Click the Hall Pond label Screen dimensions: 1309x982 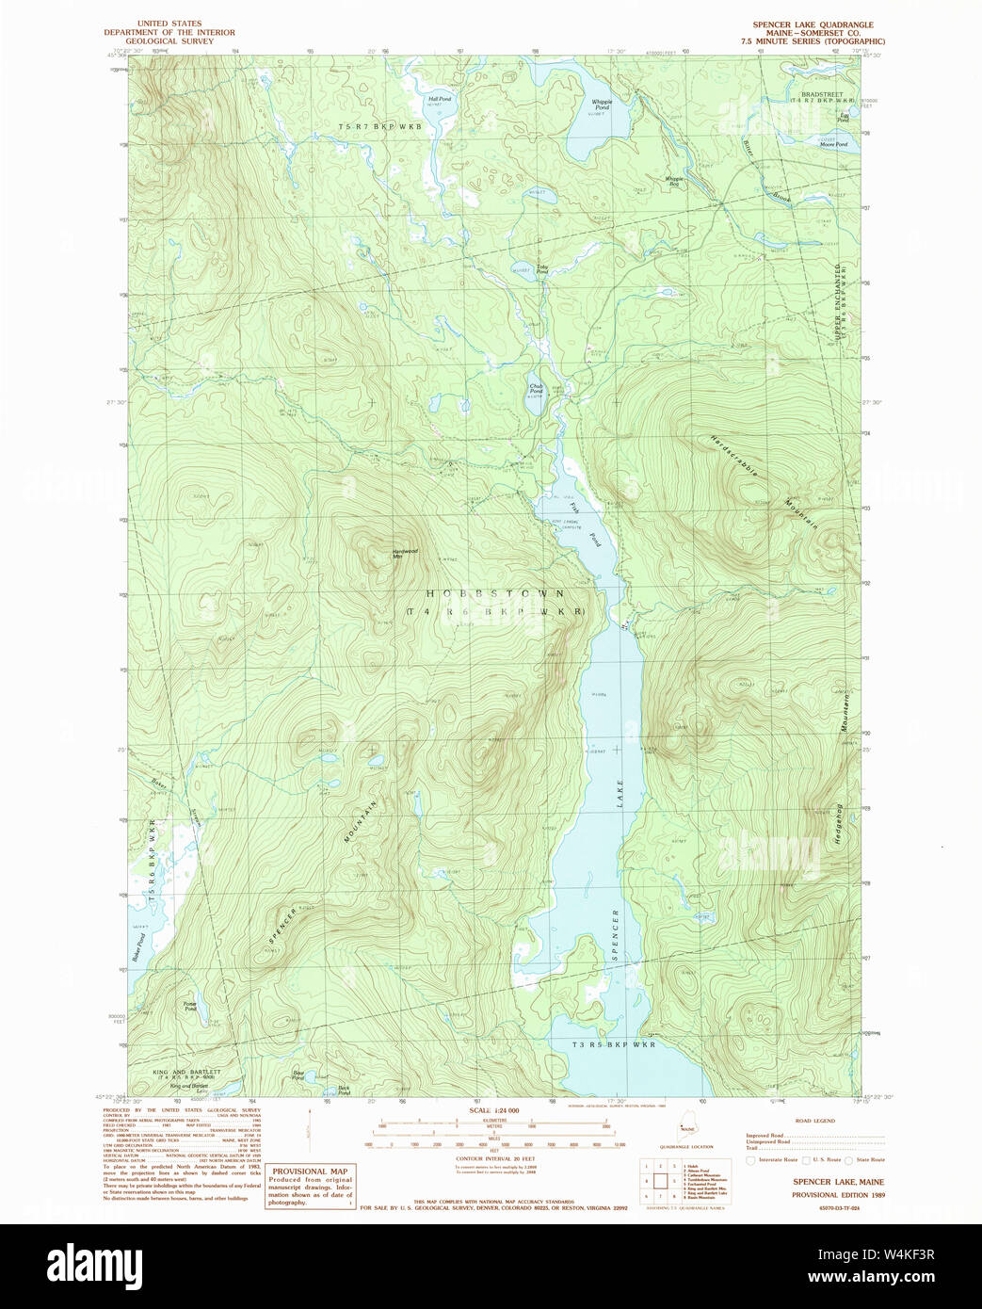(440, 98)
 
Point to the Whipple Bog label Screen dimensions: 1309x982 (674, 180)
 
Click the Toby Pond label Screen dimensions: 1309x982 (542, 268)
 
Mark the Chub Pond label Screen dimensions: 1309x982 (536, 388)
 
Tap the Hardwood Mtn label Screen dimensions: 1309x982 (404, 553)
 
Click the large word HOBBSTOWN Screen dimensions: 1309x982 (495, 594)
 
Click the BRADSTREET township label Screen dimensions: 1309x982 (822, 94)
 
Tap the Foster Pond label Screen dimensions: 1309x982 (190, 1006)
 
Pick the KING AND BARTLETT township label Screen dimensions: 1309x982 (186, 1072)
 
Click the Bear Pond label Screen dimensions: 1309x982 (298, 1075)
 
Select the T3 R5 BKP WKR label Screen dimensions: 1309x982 (613, 1044)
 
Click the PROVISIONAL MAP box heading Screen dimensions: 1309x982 (310, 1172)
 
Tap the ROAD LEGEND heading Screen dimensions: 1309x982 (814, 1121)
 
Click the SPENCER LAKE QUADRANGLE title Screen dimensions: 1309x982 (813, 24)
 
